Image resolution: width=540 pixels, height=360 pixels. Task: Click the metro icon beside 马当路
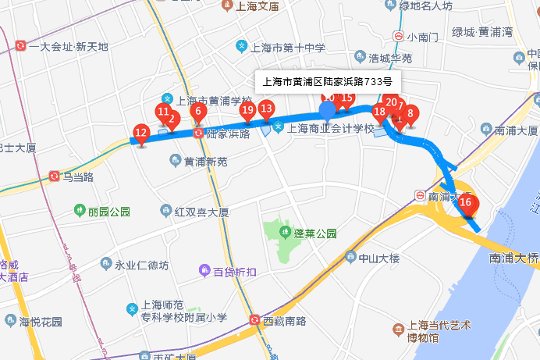point(53,176)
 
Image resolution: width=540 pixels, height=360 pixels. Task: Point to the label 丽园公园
point(102,211)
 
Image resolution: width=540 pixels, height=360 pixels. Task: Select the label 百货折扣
point(226,271)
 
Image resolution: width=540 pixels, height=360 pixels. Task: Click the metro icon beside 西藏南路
point(255,320)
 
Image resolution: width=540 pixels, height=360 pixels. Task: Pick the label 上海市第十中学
point(279,48)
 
